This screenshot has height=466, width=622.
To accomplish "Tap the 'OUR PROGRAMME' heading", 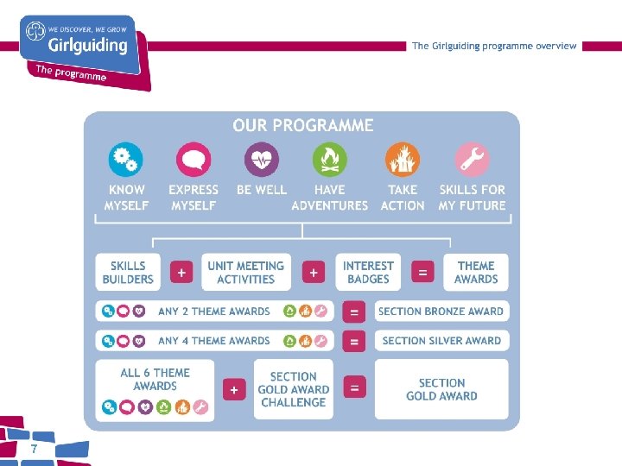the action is tap(302, 126).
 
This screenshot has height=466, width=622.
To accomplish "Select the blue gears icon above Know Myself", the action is tap(125, 160).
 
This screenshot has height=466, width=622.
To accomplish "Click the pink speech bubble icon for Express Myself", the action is tap(193, 160).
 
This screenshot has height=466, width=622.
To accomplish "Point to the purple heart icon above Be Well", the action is tap(261, 160).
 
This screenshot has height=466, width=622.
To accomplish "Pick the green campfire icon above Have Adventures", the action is tap(329, 160).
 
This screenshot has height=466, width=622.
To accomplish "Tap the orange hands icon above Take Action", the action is tap(403, 160).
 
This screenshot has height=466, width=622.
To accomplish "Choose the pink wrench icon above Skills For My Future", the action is tap(472, 160).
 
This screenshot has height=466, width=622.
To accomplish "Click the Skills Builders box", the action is tap(128, 272).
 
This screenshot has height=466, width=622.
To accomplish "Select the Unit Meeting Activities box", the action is tap(245, 272).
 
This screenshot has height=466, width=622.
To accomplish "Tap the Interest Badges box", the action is tap(368, 272).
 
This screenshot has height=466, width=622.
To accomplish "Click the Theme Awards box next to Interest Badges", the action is tap(476, 272).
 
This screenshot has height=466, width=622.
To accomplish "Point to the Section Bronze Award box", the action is tap(441, 312).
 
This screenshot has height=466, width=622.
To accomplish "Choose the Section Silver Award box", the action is tap(441, 341).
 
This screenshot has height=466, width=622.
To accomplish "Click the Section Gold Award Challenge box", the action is tap(293, 389).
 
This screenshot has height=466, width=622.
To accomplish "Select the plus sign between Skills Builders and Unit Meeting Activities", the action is tap(181, 273).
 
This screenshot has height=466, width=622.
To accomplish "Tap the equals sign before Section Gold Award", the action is tap(353, 389).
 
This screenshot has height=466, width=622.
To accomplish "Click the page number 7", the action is tap(34, 449).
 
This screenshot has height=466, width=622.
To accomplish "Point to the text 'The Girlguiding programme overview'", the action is tap(494, 46).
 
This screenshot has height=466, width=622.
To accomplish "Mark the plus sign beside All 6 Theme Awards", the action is tap(234, 390).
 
